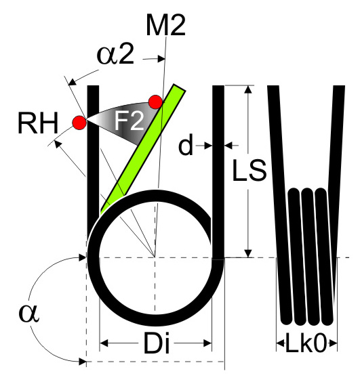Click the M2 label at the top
[x=165, y=25]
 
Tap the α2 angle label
[x=115, y=55]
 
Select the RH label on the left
[x=38, y=123]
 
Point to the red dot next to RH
[x=79, y=123]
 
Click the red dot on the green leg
[x=155, y=102]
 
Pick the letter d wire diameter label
[x=186, y=146]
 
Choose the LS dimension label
[x=249, y=170]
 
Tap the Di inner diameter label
[x=157, y=343]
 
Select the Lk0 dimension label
[x=306, y=343]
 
